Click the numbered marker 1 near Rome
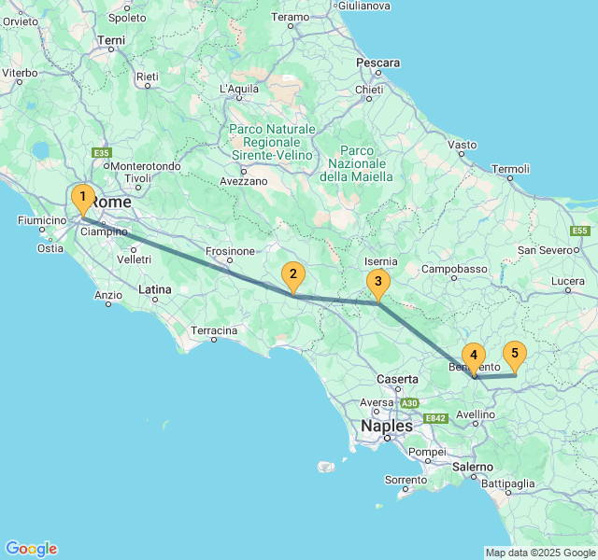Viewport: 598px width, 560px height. click(x=83, y=198)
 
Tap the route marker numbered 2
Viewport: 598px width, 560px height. click(x=293, y=274)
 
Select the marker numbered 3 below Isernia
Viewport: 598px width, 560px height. click(x=377, y=281)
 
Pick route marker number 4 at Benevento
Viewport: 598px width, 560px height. click(x=474, y=356)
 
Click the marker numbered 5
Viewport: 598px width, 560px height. click(x=514, y=354)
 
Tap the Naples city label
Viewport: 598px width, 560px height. click(x=386, y=426)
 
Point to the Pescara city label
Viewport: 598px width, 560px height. click(x=378, y=63)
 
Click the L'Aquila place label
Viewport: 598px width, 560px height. click(x=238, y=89)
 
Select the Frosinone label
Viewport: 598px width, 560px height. click(x=230, y=251)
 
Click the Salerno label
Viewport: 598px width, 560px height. click(x=472, y=466)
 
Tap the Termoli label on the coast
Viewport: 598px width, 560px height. click(x=510, y=169)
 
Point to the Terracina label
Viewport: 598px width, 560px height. click(x=214, y=330)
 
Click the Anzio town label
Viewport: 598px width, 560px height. click(x=108, y=294)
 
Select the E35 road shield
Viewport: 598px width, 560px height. click(x=102, y=153)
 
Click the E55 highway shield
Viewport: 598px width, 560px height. click(x=580, y=231)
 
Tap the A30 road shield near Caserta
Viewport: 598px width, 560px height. click(x=409, y=402)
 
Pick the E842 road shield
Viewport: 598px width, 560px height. click(x=436, y=418)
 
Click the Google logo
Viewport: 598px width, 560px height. click(x=31, y=549)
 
